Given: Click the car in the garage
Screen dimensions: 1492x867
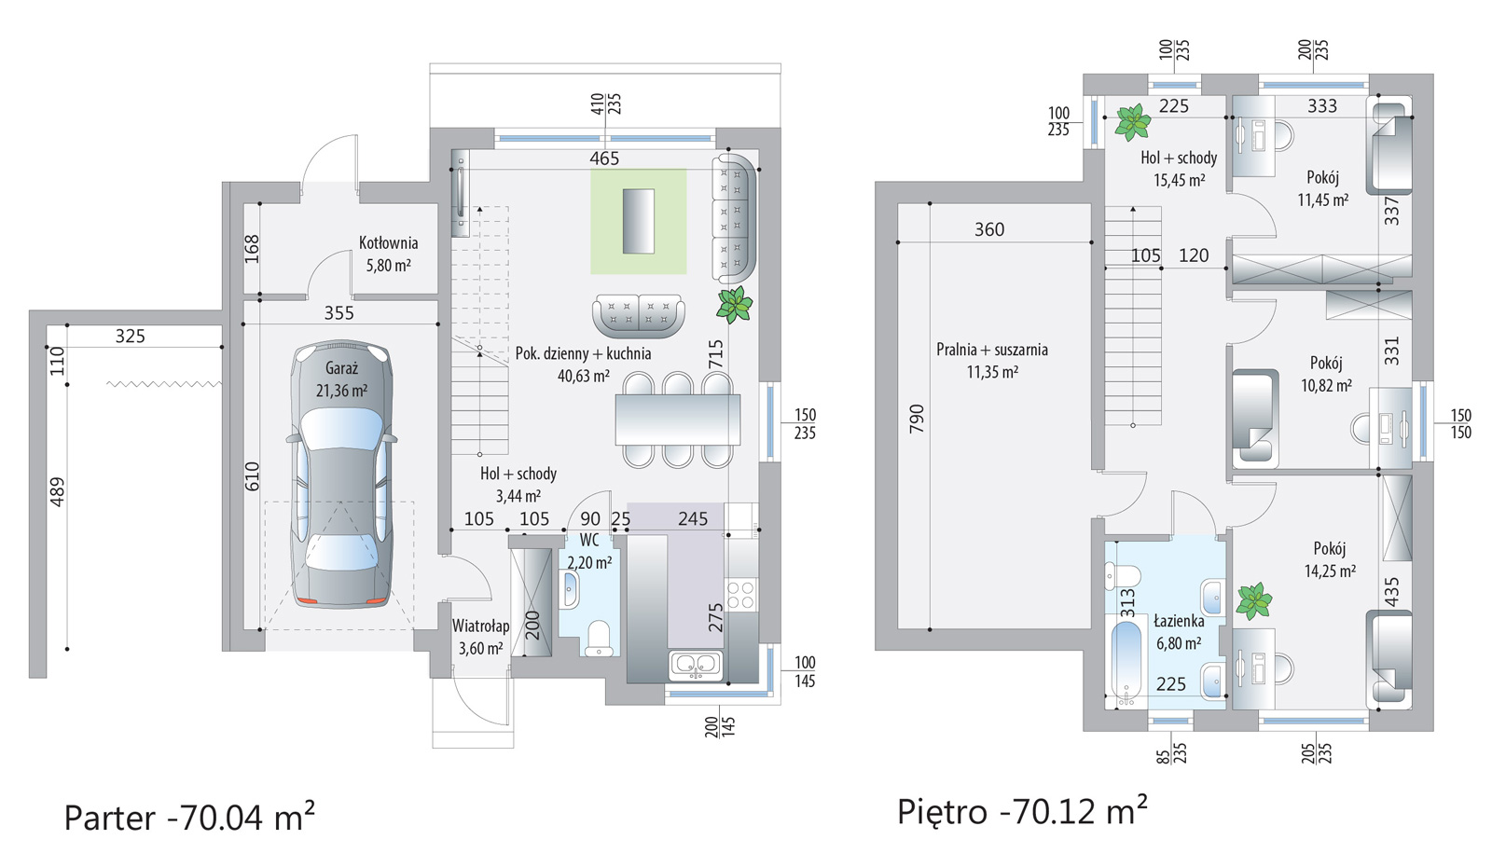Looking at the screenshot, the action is point(341,475).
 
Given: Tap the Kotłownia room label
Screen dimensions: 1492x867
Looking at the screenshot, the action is point(388,243).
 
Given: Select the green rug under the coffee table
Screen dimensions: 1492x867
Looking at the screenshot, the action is point(638,222).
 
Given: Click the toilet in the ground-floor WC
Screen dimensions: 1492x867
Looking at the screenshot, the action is point(598,639).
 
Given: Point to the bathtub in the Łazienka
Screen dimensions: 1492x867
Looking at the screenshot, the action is point(1126,664).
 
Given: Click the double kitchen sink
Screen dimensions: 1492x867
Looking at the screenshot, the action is point(696,666).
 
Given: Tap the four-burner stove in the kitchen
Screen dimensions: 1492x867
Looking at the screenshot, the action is point(740,595).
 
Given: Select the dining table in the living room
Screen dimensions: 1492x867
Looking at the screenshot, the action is point(677,420).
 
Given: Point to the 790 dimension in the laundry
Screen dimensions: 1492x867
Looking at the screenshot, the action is point(918,419).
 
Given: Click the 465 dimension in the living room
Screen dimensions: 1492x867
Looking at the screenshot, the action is point(604,158).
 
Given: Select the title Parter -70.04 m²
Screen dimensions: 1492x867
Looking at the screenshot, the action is point(189,817).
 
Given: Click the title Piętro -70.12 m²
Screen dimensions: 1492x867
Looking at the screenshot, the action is point(1022,810).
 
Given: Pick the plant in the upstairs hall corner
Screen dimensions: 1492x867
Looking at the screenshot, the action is point(1132,122).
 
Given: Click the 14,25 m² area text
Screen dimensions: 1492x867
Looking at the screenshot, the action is point(1330,571).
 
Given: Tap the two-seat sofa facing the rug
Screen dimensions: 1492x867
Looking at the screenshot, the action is point(638,316).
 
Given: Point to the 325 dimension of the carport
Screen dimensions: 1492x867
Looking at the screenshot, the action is point(130,337).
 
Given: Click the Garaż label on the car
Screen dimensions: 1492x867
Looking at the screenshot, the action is point(341,368).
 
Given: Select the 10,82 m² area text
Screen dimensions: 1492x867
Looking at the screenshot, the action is point(1326,386).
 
